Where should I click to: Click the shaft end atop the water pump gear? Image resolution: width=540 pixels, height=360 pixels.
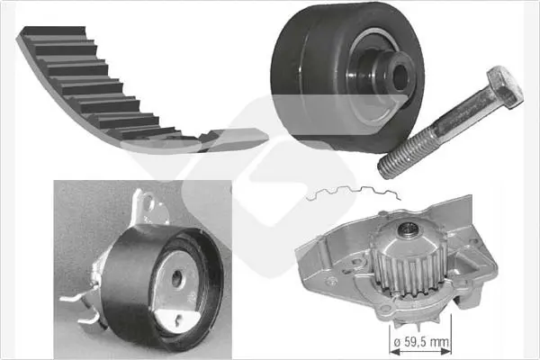click(409, 229)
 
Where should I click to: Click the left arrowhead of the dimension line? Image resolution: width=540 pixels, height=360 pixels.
click(395, 352)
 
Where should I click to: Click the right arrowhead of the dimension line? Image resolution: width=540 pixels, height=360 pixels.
click(445, 352)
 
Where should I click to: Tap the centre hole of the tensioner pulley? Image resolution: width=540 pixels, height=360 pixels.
click(177, 278)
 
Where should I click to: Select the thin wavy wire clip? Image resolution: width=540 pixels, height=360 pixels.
click(354, 193)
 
